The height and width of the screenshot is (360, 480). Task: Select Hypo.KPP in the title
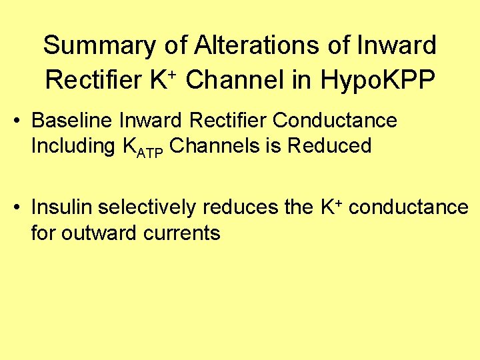(x=379, y=80)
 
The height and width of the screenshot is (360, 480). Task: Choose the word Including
(x=71, y=146)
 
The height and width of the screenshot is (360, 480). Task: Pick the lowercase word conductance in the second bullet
(x=409, y=207)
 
